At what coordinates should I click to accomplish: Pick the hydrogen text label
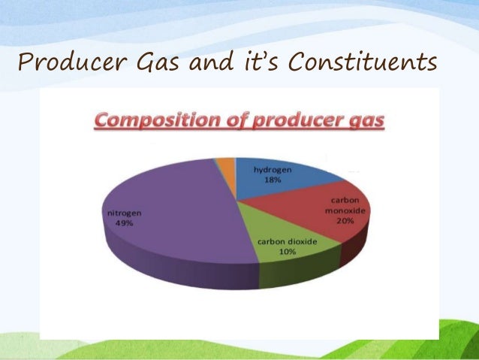point(271,171)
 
